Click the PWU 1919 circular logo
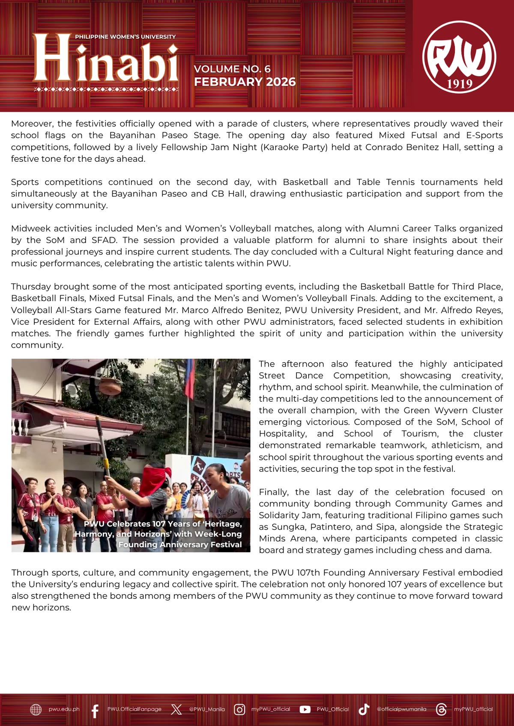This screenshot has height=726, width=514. (x=459, y=57)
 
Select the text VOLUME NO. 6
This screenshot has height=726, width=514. (x=232, y=69)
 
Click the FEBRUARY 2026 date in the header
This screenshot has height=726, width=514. (x=245, y=82)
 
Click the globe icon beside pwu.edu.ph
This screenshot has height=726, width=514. (x=36, y=710)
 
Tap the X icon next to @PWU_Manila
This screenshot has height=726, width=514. (x=176, y=710)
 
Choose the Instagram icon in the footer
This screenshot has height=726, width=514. (x=239, y=710)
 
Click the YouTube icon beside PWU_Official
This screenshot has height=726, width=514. (x=305, y=710)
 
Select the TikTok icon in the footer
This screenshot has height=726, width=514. (x=364, y=710)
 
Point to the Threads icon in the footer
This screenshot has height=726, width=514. (x=441, y=710)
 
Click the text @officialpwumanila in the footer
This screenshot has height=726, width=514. (x=401, y=709)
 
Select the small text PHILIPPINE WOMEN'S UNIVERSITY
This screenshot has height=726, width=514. (x=125, y=37)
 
